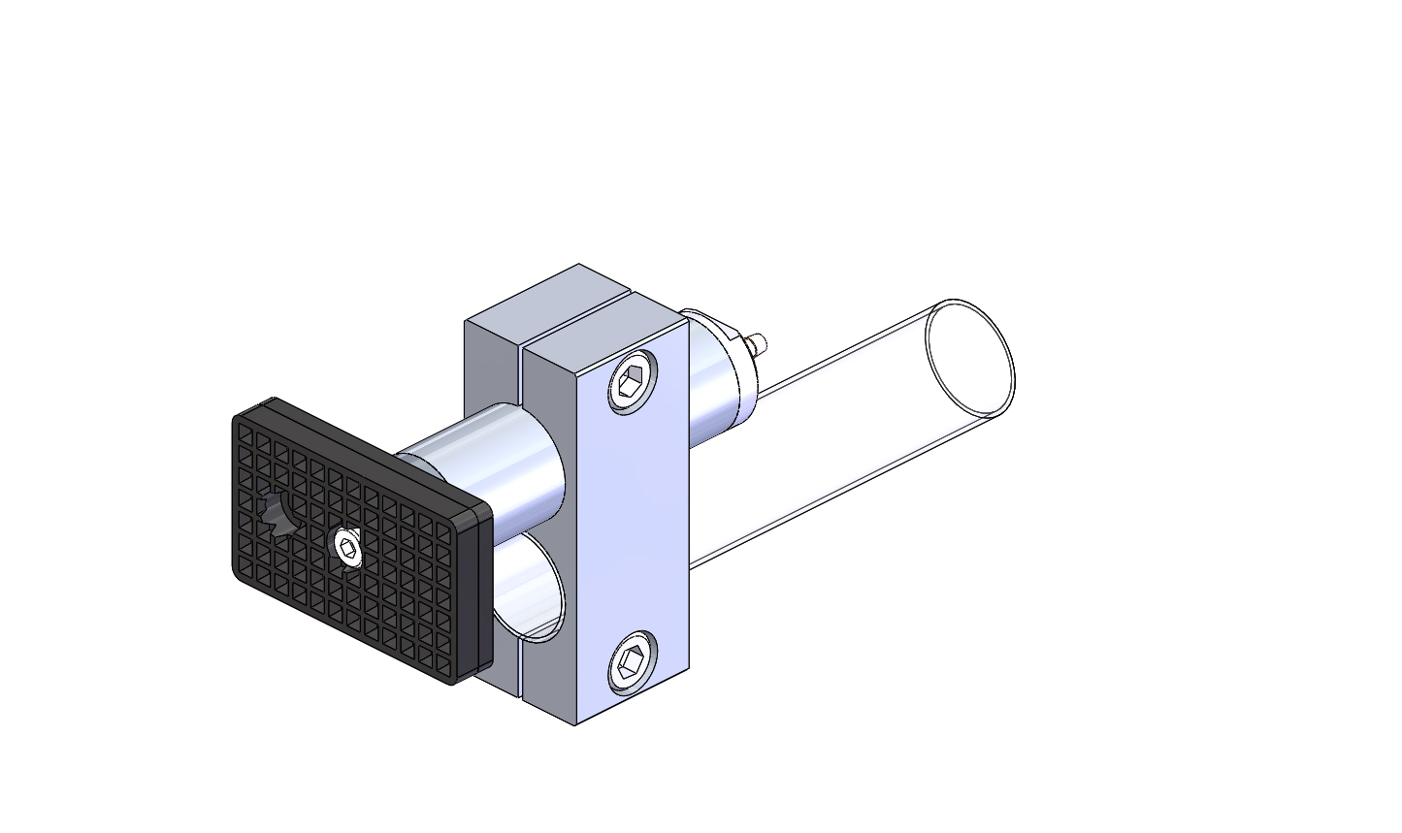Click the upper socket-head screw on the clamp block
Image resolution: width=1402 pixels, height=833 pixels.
(633, 383)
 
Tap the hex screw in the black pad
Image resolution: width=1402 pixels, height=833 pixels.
(346, 548)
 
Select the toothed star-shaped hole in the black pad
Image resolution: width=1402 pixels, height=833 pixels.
(277, 513)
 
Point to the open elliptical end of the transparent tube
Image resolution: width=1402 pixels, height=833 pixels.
(969, 356)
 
